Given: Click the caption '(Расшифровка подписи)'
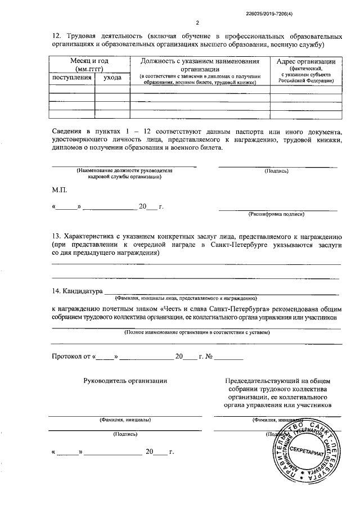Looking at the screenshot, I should coord(276,214).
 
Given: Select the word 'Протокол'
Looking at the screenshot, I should coord(66,356).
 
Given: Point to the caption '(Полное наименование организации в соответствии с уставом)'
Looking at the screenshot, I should coord(197,332).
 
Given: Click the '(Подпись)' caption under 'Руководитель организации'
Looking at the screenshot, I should coord(124,434).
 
